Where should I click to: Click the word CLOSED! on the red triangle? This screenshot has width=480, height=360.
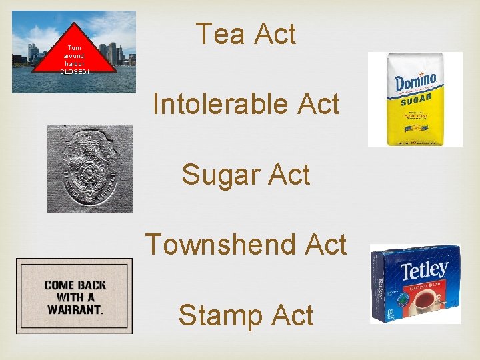(x=74, y=71)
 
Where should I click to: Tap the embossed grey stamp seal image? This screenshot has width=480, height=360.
(x=89, y=169)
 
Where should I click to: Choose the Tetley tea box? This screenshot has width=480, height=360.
(x=415, y=284)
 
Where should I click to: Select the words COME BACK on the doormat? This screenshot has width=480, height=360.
(x=75, y=285)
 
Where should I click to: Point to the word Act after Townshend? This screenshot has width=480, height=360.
(x=325, y=245)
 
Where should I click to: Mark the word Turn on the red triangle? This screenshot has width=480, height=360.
(x=74, y=48)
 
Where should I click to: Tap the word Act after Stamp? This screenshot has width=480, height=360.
(x=291, y=315)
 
